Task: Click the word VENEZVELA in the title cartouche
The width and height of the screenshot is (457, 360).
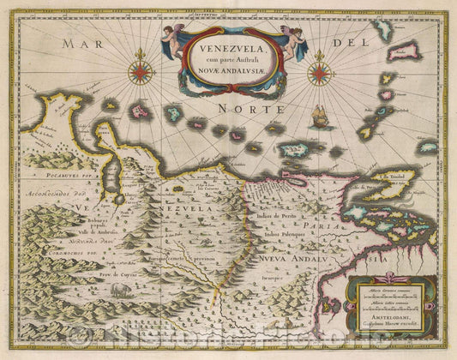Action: pyautogui.click(x=227, y=49)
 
